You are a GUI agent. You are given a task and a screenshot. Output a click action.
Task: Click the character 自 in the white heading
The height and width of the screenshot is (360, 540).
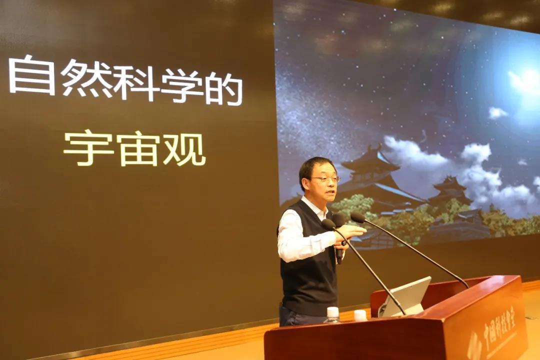click(x=31, y=75)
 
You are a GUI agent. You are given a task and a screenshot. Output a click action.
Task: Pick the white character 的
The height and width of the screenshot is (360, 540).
click(x=224, y=89)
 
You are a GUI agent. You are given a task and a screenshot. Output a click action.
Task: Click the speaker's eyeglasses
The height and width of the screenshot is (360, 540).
click(x=325, y=179)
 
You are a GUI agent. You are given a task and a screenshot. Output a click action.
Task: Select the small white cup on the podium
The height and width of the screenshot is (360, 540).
click(x=360, y=315)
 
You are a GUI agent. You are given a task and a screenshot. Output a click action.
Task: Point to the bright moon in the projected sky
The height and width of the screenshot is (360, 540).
click(x=527, y=81)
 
